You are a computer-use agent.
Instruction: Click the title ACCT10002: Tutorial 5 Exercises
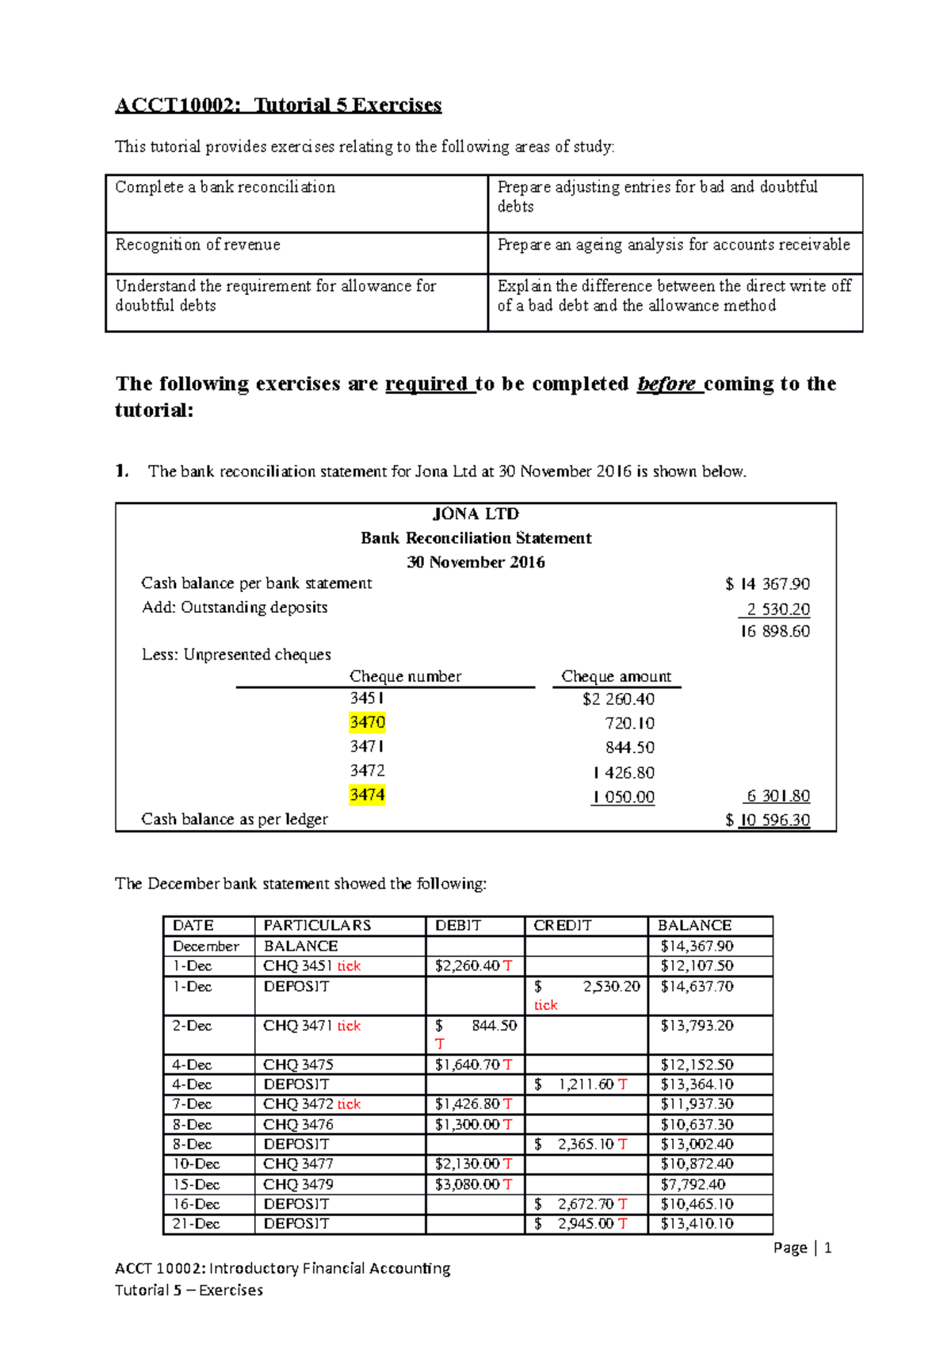278,105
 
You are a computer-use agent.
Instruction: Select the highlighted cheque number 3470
367,722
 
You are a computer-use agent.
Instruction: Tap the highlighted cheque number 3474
367,794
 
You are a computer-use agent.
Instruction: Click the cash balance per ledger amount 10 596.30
773,820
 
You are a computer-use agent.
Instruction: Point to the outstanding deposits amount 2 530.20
777,609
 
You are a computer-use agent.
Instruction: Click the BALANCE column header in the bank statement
694,925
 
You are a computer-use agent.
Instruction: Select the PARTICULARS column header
317,925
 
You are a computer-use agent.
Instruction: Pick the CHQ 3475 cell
298,1065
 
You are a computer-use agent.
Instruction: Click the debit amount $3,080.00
468,1184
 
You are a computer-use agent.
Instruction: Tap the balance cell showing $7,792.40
693,1184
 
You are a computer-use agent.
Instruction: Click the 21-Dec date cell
192,1223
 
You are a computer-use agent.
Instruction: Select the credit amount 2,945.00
586,1223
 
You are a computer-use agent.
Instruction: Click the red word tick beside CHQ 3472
349,1104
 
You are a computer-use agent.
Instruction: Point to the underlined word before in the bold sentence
666,384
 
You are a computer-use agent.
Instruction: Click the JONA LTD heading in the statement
475,514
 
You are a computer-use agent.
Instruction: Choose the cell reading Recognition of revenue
198,245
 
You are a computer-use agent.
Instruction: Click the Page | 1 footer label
802,1248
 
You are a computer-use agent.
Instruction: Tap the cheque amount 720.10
629,723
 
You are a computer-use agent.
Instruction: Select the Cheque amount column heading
616,676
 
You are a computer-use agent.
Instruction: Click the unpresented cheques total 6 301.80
777,796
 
